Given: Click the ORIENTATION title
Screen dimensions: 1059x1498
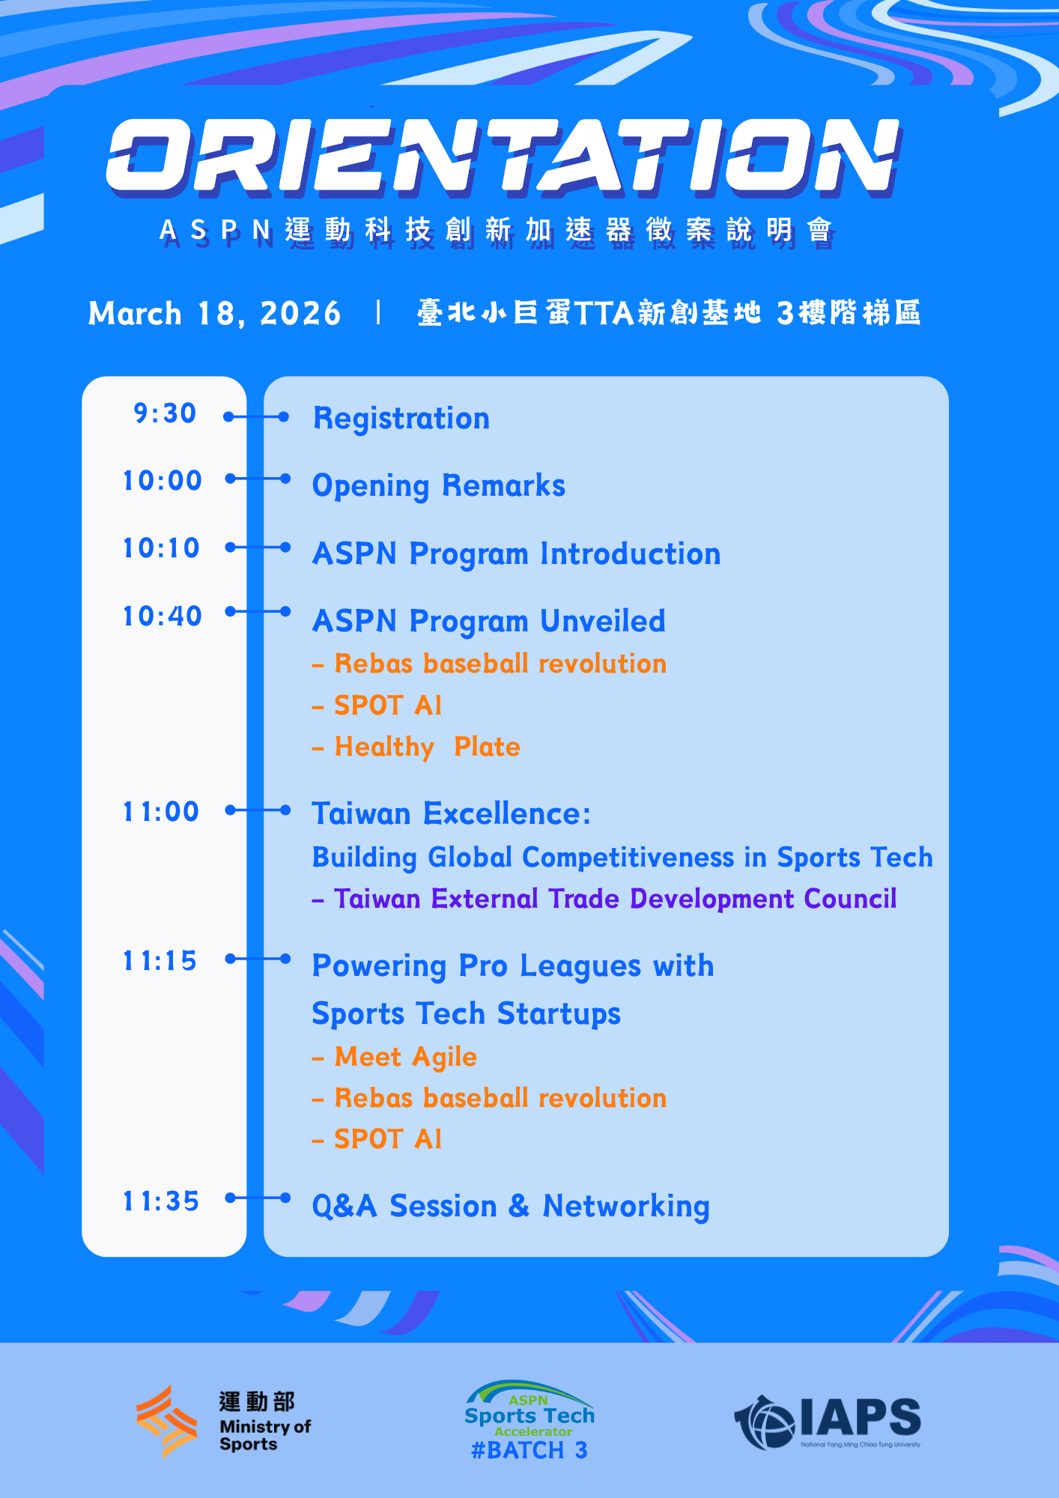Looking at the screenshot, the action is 503,157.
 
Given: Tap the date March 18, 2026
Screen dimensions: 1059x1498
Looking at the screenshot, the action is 214,313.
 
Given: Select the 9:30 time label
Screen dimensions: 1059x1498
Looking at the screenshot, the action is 165,413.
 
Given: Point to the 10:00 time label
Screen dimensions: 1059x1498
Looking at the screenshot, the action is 163,481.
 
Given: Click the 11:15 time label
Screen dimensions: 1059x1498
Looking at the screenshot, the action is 160,961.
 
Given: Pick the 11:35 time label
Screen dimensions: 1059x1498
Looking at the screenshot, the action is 161,1201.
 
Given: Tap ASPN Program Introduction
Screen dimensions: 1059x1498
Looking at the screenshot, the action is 517,554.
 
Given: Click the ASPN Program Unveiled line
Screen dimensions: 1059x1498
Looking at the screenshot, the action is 489,622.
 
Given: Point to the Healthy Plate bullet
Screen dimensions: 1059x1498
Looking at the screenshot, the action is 416,747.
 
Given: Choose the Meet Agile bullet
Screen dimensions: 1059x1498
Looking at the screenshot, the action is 395,1057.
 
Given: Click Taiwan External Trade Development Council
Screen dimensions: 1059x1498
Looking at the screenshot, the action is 604,899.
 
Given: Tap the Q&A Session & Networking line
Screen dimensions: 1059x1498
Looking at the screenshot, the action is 511,1207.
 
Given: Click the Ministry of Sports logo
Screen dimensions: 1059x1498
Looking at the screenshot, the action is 223,1421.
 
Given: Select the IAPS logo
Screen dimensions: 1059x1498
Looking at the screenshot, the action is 828,1421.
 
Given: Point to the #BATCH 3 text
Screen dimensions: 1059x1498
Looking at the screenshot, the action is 529,1451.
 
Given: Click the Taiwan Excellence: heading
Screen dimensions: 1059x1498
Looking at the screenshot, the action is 452,813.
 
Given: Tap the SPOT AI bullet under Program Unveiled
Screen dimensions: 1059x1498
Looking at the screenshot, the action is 377,706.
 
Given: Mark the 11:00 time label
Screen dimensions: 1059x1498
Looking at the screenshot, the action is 161,812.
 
